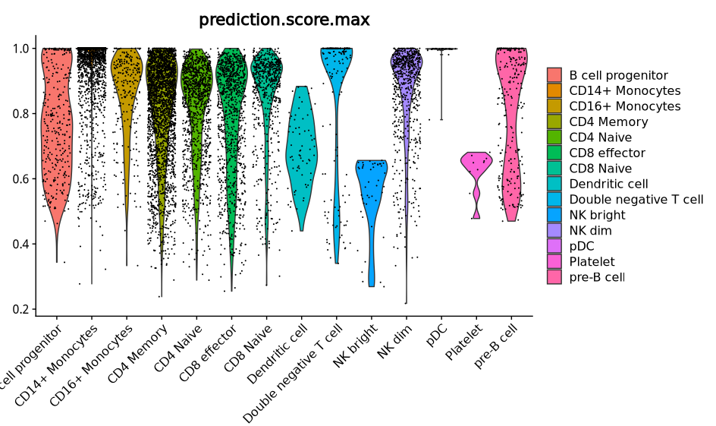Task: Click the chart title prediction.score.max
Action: [284, 20]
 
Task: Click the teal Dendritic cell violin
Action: [301, 152]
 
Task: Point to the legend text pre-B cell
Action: [597, 277]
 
